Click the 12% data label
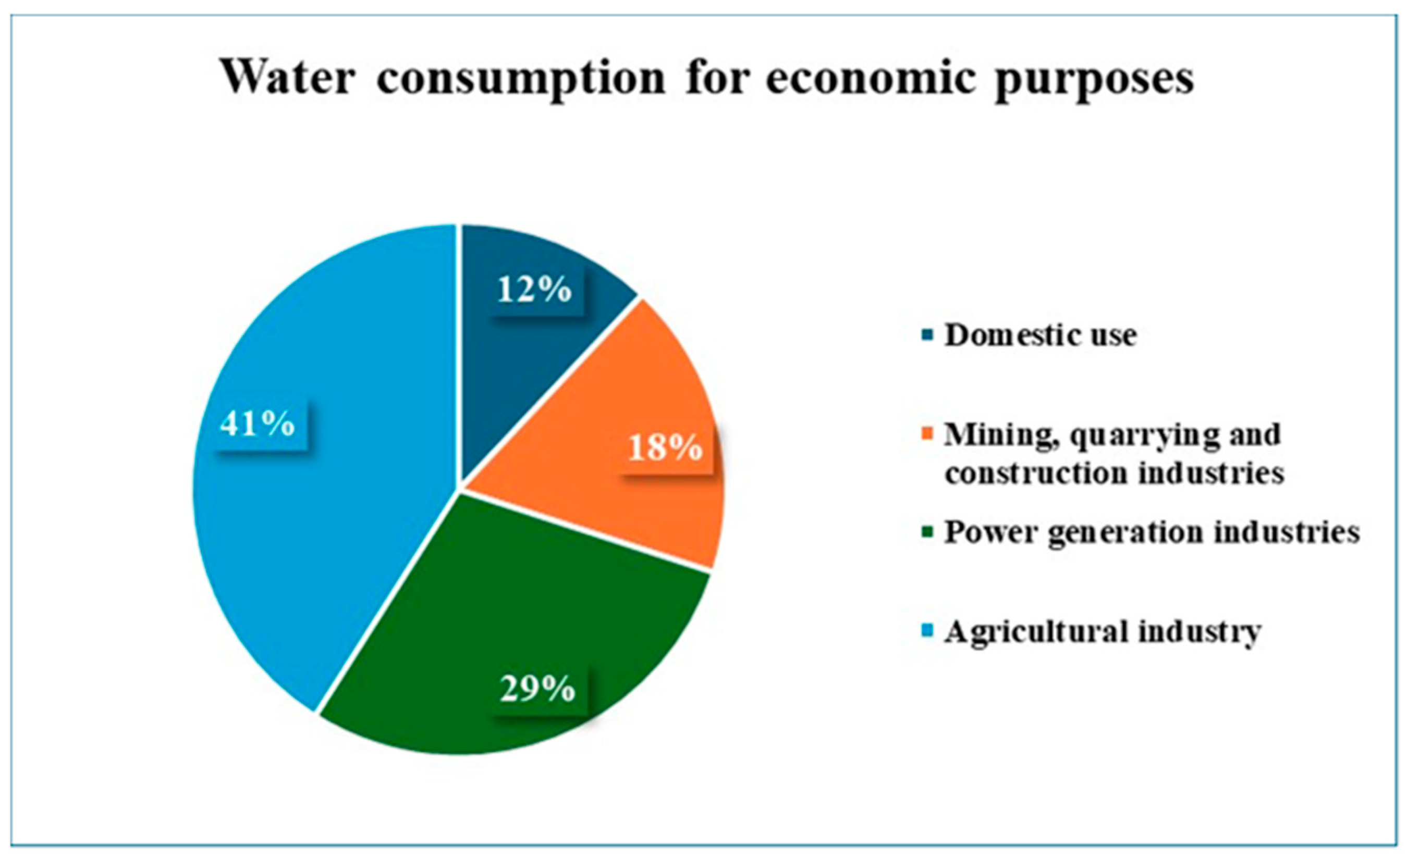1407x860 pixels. coord(534,290)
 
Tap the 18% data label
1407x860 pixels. coord(665,447)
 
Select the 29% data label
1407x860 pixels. coord(537,689)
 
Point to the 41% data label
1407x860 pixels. coord(258,423)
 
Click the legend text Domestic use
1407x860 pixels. coord(1041,335)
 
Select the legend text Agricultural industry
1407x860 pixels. coord(1102,632)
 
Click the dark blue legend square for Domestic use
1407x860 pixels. coord(927,335)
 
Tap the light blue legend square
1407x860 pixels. coord(927,632)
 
